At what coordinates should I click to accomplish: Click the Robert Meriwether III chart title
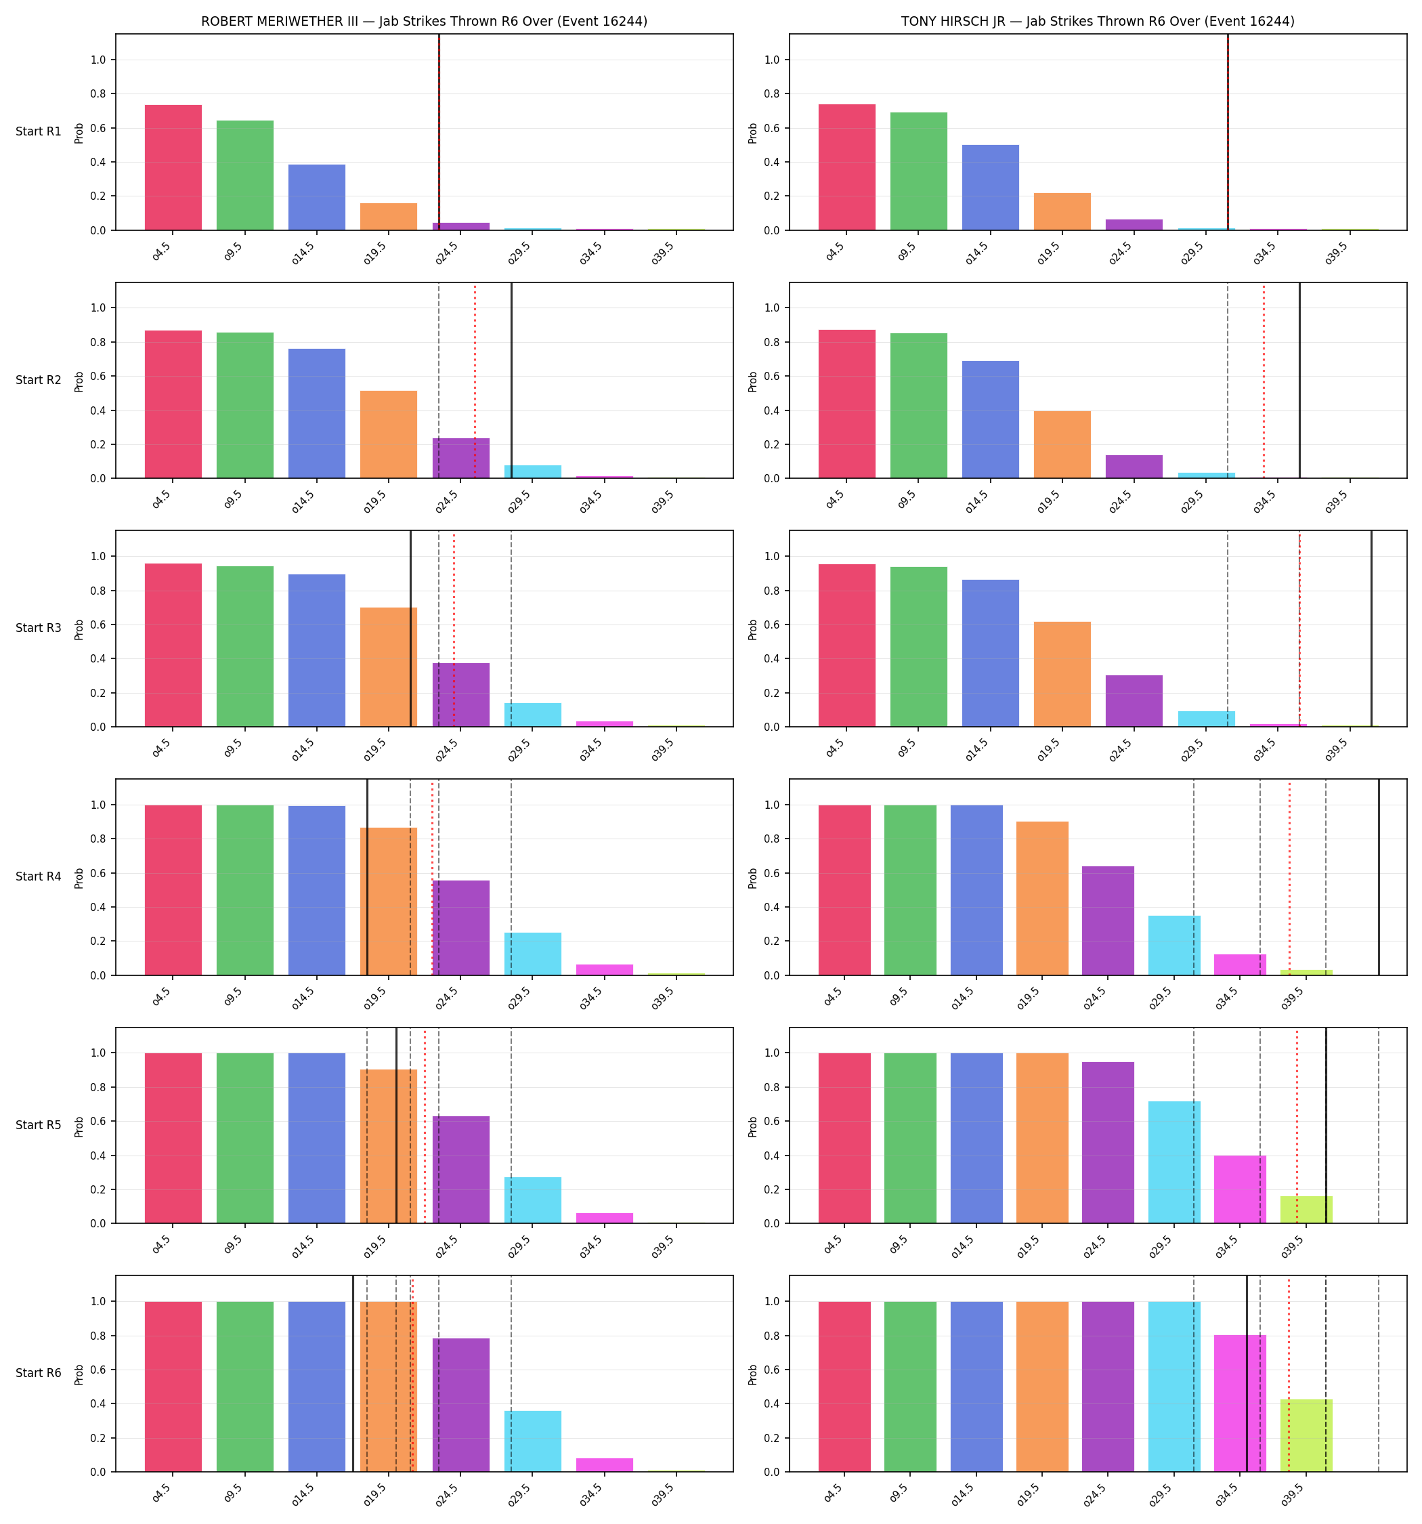click(x=424, y=22)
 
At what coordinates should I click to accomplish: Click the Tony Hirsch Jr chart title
click(x=1098, y=22)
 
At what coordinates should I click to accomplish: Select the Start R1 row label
click(x=39, y=131)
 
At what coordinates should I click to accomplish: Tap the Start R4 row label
click(x=39, y=876)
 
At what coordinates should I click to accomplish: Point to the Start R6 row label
click(x=39, y=1373)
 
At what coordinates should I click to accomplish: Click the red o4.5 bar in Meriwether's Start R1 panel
click(x=173, y=167)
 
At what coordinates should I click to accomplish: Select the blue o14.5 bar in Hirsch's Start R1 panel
click(x=991, y=187)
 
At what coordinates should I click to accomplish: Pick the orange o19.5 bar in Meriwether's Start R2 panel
click(x=389, y=435)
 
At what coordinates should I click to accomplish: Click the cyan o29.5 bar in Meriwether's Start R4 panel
click(x=533, y=954)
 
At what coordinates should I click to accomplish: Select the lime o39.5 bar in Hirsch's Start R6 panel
click(x=1306, y=1436)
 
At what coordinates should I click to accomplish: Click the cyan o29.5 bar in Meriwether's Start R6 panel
click(x=533, y=1441)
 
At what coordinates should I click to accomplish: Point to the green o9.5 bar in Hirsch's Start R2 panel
click(x=918, y=406)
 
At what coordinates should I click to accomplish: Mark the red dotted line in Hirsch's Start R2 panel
click(x=1264, y=381)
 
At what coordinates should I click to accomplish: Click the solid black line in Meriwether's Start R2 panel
click(x=511, y=381)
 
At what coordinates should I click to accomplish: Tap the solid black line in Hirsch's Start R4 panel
click(x=1379, y=877)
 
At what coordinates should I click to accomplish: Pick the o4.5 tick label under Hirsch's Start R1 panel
click(x=834, y=251)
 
